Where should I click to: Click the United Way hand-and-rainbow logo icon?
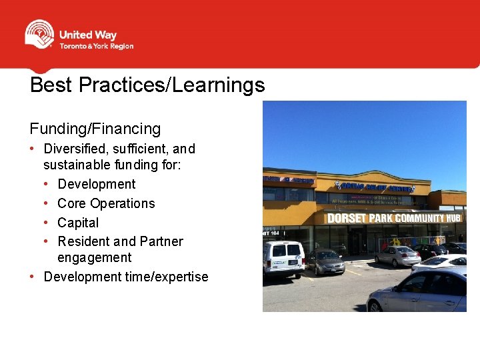click(39, 34)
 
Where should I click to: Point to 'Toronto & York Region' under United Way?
click(96, 47)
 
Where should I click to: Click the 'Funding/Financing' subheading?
click(95, 129)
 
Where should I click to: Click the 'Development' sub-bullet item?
click(97, 184)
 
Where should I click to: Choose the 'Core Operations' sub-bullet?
click(106, 203)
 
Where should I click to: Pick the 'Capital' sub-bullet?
click(78, 223)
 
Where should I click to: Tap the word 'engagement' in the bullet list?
click(95, 257)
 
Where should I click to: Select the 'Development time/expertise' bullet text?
click(126, 277)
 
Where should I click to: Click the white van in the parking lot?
click(283, 259)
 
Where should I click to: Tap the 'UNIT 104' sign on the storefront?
click(271, 233)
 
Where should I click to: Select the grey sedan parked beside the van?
click(325, 262)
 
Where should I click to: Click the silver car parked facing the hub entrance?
click(397, 255)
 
